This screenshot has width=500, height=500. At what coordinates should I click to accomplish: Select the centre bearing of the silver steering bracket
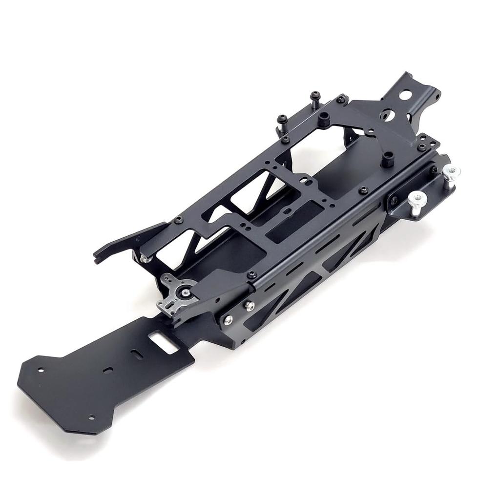click(187, 292)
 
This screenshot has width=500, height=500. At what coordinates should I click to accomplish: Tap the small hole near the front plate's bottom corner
click(91, 417)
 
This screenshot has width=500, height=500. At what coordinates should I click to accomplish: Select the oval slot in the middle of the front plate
click(108, 370)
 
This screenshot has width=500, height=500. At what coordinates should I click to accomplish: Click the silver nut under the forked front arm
click(145, 258)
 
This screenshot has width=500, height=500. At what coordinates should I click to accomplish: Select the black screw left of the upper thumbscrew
click(434, 169)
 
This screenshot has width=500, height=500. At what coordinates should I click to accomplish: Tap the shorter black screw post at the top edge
click(282, 119)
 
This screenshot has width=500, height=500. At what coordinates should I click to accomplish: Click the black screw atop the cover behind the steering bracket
click(252, 274)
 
